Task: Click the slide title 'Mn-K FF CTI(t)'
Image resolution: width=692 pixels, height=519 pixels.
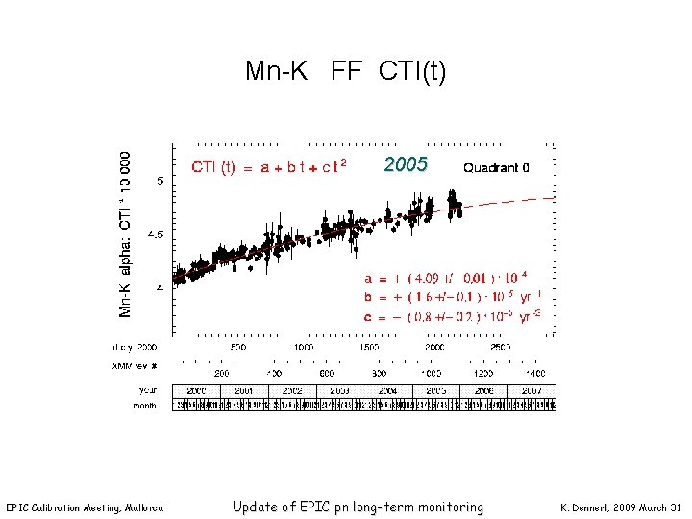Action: [x=345, y=71]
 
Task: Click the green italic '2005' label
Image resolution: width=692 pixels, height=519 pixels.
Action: [x=406, y=164]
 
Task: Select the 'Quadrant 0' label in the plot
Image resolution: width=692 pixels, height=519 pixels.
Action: [x=496, y=167]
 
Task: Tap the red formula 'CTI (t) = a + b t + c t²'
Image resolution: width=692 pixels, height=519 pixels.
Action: [x=268, y=167]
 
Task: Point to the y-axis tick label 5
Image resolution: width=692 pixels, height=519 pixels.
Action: [x=160, y=181]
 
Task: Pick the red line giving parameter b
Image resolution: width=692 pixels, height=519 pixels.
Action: [x=452, y=296]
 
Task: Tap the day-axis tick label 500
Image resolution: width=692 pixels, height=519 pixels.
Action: [x=237, y=348]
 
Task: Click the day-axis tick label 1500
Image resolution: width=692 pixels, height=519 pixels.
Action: [x=370, y=348]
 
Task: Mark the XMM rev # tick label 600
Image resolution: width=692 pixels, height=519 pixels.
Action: [x=327, y=372]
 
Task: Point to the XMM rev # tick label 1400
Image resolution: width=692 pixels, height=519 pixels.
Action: [x=535, y=372]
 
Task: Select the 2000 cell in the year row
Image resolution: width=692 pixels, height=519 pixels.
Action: [x=196, y=391]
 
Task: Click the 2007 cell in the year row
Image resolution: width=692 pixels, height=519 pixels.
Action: [x=531, y=391]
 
